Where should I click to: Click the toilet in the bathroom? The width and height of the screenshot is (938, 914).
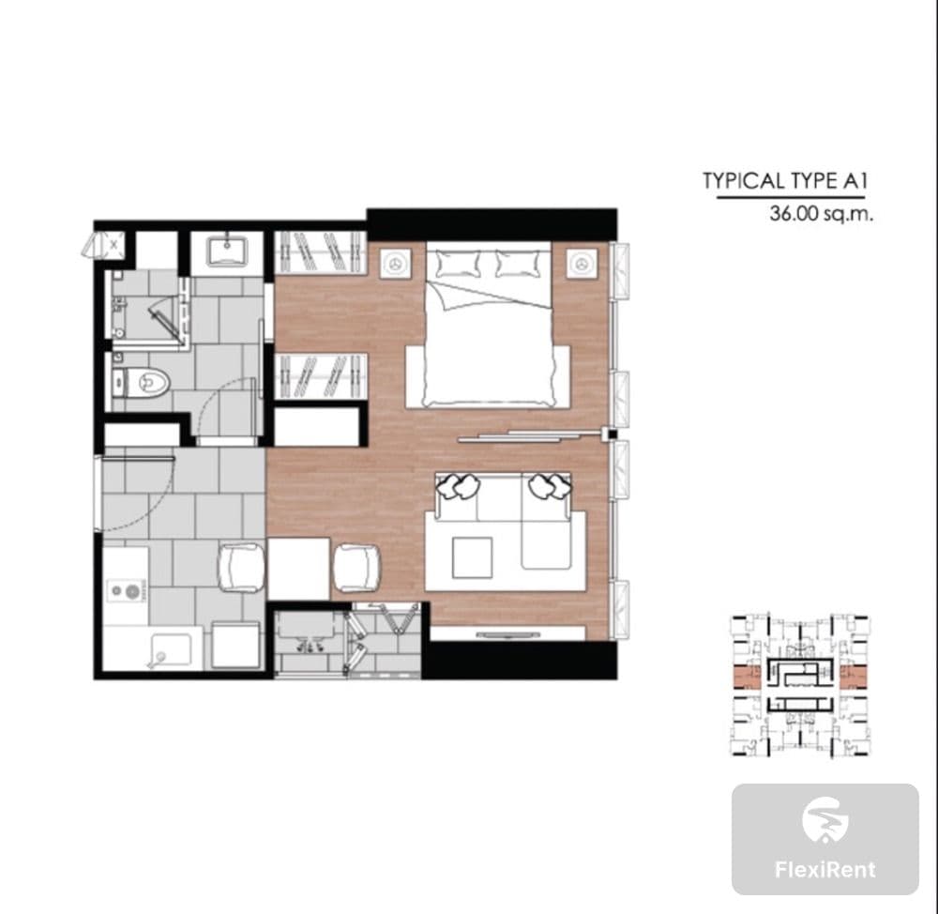pyautogui.click(x=142, y=382)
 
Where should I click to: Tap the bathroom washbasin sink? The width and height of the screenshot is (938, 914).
pyautogui.click(x=227, y=251)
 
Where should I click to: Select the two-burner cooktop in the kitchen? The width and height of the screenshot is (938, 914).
pyautogui.click(x=126, y=591)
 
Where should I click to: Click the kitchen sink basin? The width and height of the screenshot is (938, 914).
pyautogui.click(x=171, y=650)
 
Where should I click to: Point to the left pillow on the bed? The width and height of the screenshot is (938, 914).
pyautogui.click(x=459, y=264)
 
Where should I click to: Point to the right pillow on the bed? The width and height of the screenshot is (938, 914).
pyautogui.click(x=519, y=264)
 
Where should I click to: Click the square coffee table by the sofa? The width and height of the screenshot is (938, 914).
pyautogui.click(x=473, y=557)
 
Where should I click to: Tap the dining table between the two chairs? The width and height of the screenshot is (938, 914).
pyautogui.click(x=298, y=569)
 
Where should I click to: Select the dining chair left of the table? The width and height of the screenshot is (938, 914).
pyautogui.click(x=241, y=568)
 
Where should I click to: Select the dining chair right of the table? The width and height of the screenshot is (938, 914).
pyautogui.click(x=356, y=568)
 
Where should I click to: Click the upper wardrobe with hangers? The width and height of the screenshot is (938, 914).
pyautogui.click(x=320, y=252)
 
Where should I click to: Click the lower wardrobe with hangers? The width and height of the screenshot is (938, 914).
pyautogui.click(x=320, y=375)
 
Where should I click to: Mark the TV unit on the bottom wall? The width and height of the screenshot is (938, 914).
pyautogui.click(x=507, y=633)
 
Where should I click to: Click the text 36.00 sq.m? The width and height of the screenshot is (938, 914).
pyautogui.click(x=822, y=213)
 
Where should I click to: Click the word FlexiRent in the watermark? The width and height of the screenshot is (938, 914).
pyautogui.click(x=825, y=869)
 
